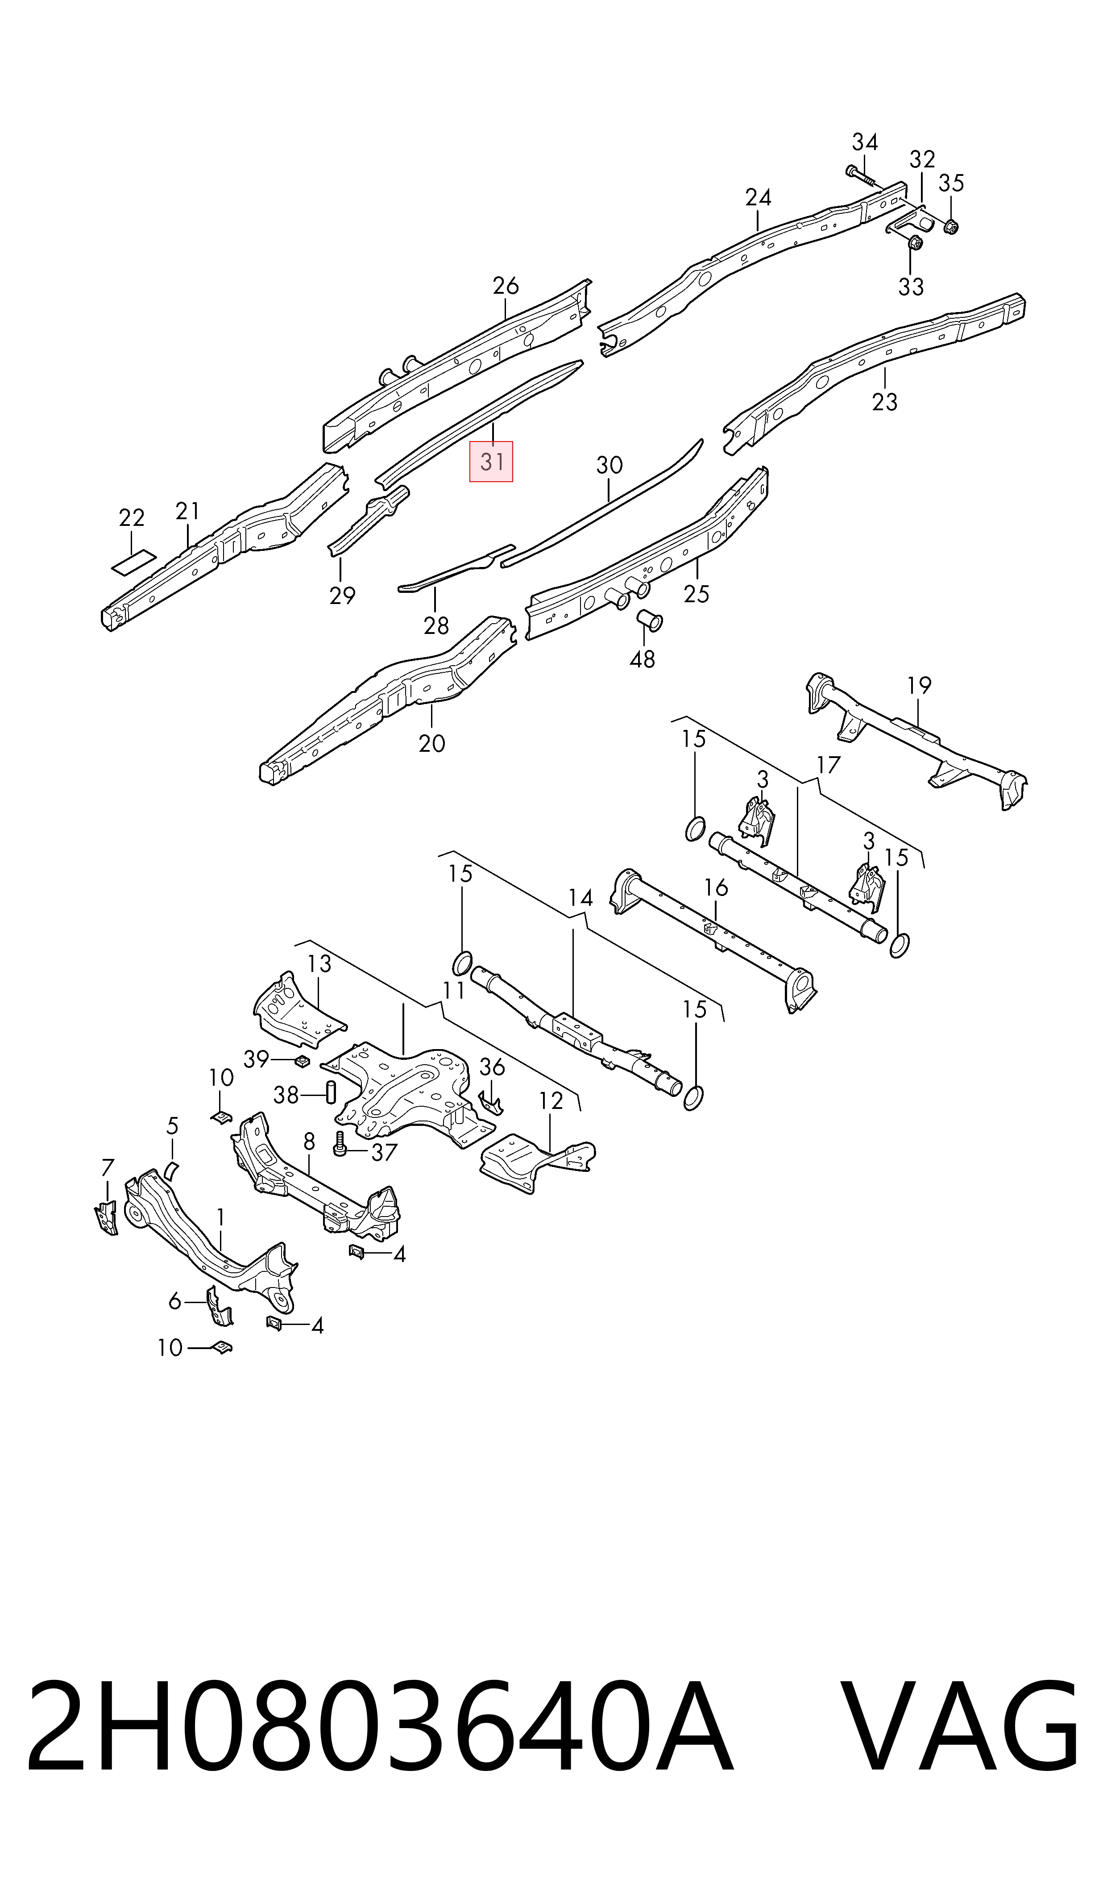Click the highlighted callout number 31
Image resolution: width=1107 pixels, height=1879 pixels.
[x=491, y=462]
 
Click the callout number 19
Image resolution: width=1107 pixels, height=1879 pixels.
[x=919, y=685]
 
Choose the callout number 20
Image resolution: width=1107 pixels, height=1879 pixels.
[x=432, y=743]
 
